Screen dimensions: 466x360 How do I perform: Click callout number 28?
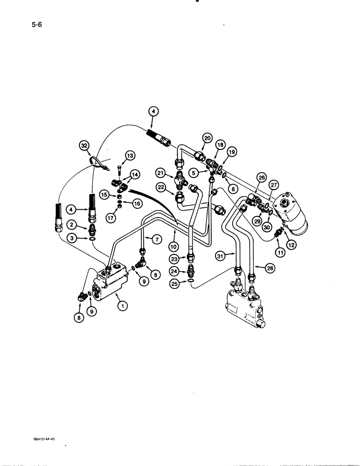click(x=270, y=267)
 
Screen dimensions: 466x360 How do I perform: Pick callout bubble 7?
click(x=156, y=239)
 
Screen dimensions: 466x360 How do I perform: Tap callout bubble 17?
click(x=110, y=216)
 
